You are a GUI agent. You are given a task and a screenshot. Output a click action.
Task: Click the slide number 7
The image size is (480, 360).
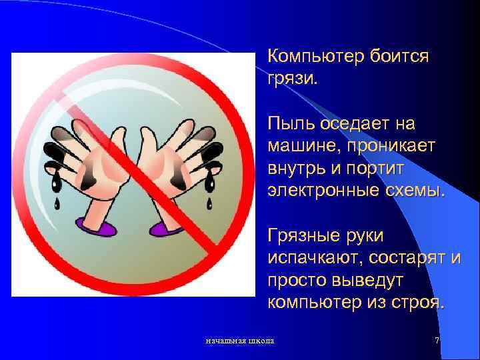coord(437,341)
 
